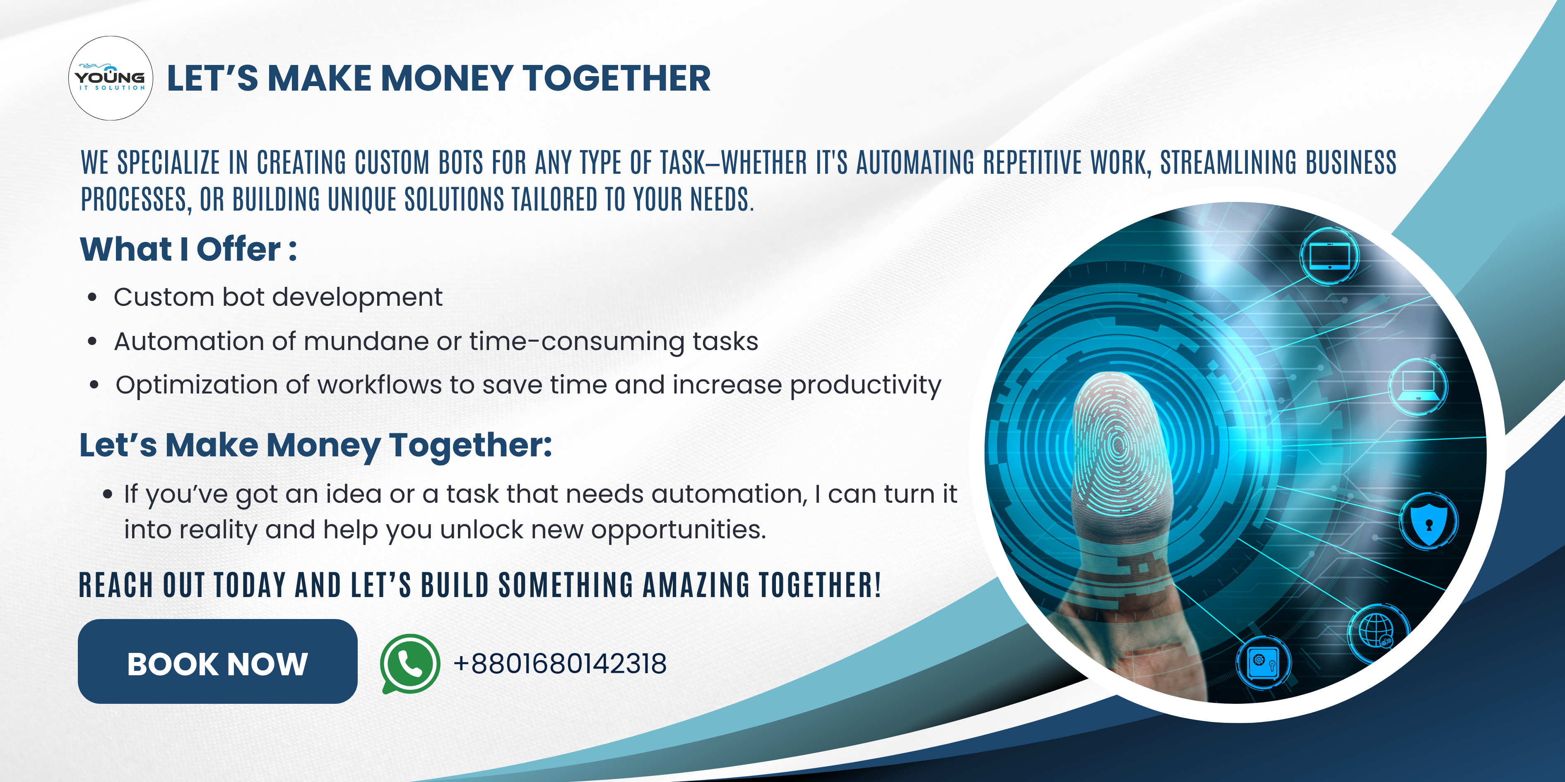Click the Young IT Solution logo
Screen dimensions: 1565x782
point(110,78)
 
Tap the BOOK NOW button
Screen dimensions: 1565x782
point(217,661)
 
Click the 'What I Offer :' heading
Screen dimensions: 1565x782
point(188,249)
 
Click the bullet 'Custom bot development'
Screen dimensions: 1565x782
point(278,297)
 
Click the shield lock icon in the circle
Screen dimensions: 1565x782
point(1428,521)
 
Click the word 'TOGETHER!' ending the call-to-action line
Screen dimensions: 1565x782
point(820,585)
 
